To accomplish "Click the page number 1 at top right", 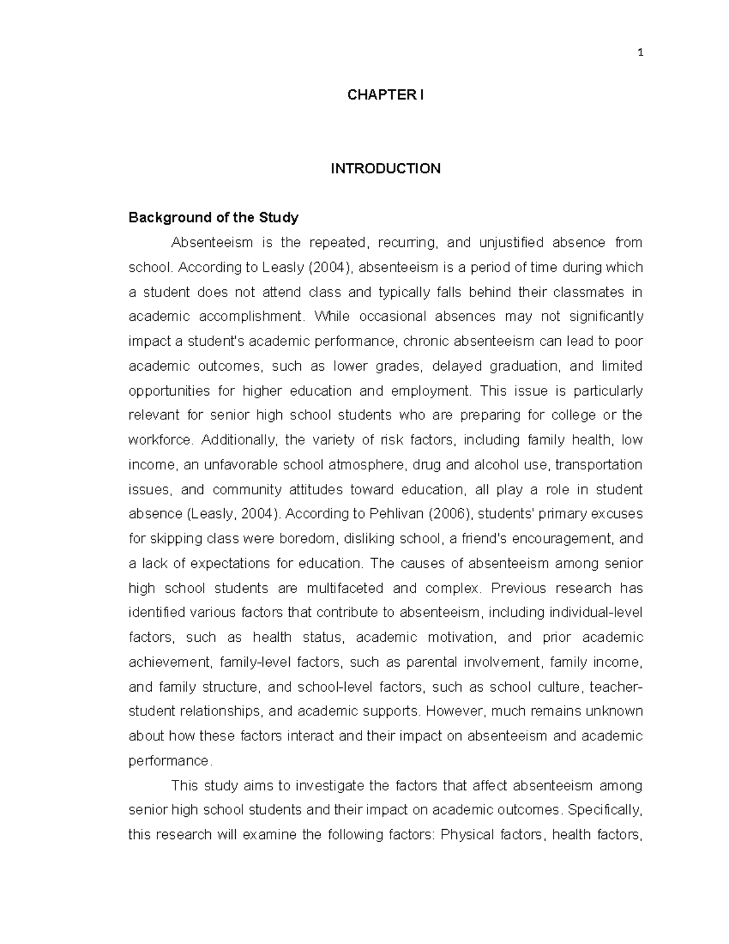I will pos(640,53).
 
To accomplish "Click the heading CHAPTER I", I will pos(385,95).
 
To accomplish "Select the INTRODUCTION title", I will pos(385,168).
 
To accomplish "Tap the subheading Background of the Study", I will pos(213,218).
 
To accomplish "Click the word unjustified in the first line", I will pos(511,243).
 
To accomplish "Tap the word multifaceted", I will pos(344,588).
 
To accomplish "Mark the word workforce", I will pos(160,440).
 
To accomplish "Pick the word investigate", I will pos(330,786).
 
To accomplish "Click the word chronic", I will pos(425,342).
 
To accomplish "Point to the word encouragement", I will pos(562,539).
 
